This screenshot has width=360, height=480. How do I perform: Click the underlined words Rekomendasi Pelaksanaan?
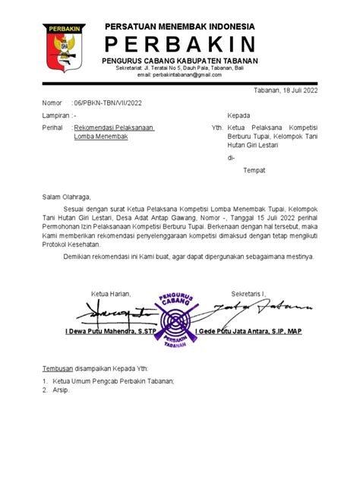(114, 128)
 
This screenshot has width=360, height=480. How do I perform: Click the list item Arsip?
(61, 390)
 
